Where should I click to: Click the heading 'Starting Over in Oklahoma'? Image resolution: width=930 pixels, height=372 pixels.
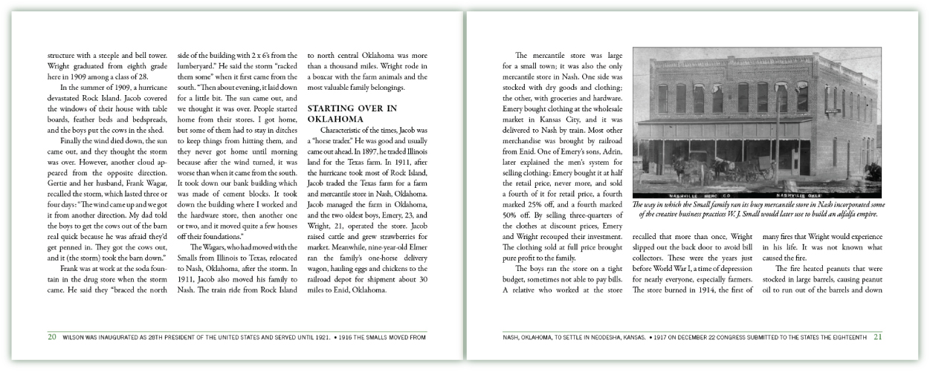click(352, 114)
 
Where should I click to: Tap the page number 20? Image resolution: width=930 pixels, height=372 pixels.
click(52, 336)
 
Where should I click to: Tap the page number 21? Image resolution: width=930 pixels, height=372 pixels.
click(878, 336)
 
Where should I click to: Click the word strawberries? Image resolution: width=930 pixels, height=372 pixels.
click(391, 247)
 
